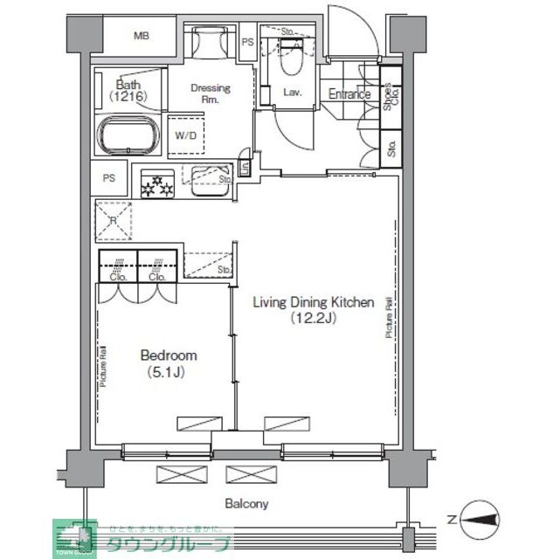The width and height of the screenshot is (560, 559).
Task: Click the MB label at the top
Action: click(x=141, y=36)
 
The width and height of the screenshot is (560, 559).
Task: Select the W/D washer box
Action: click(x=185, y=135)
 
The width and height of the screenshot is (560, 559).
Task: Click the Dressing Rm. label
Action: click(x=211, y=93)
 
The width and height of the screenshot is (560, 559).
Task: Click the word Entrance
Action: click(x=349, y=94)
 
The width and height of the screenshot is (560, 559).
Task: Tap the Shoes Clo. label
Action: click(x=391, y=94)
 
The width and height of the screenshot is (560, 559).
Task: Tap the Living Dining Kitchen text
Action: click(x=313, y=303)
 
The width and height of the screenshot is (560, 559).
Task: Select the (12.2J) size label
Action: click(x=314, y=319)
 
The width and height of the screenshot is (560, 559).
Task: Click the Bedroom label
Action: click(x=169, y=355)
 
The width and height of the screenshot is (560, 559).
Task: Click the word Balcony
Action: click(x=246, y=504)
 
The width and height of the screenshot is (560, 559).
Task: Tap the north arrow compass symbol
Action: click(x=477, y=519)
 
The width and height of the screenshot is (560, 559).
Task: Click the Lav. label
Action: click(x=292, y=92)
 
